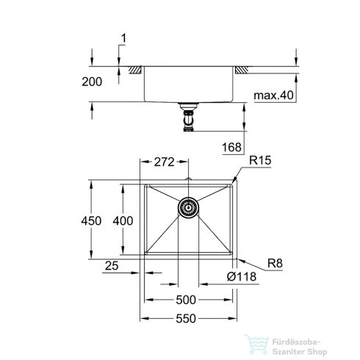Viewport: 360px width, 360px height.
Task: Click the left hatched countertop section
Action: pyautogui.click(x=136, y=70)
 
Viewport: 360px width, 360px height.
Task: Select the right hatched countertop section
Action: pyautogui.click(x=242, y=70)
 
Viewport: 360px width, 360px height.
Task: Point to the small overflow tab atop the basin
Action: pyautogui.click(x=189, y=179)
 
